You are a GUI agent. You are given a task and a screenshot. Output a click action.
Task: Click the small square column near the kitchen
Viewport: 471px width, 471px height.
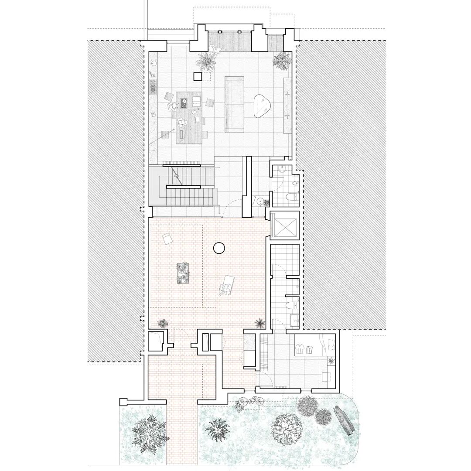tap(198, 77)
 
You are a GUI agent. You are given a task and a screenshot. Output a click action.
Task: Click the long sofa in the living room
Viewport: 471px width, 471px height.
tap(234, 104)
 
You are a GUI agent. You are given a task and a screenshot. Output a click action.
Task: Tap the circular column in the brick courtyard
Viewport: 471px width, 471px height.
tap(219, 248)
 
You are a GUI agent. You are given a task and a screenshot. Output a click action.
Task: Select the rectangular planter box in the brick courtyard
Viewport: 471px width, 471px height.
tap(183, 273)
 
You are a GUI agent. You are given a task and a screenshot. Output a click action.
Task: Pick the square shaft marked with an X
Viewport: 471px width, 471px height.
tap(285, 225)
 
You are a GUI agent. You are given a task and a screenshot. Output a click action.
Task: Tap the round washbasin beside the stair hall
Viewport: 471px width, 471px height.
tap(259, 201)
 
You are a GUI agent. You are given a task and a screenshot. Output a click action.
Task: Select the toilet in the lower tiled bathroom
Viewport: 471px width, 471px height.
tap(292, 305)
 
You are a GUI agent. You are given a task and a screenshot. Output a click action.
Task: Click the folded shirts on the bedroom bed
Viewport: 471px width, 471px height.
tap(305, 348)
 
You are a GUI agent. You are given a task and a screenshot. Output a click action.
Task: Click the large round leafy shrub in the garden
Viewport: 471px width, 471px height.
tap(286, 427)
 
